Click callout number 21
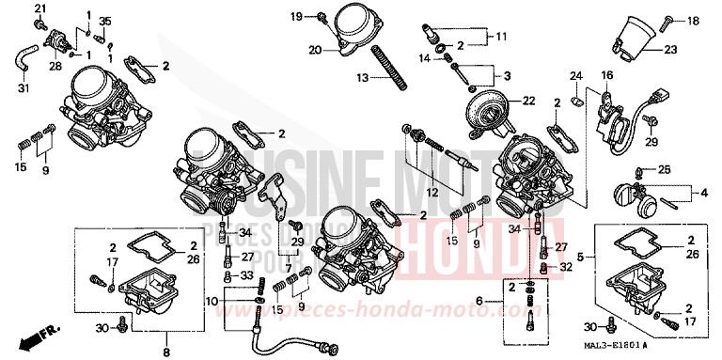39,10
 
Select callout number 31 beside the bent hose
24,89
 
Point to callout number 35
104,22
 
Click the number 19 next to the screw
297,17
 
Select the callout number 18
694,19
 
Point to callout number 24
576,75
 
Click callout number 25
663,169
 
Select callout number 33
248,275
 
